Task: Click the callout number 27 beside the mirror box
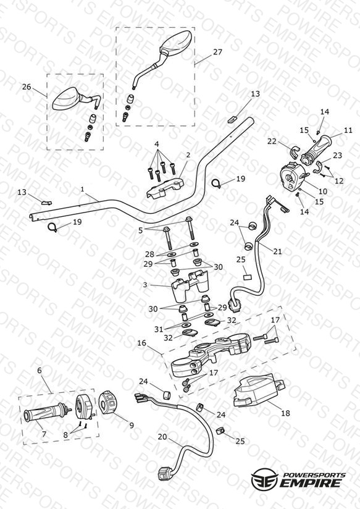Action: click(x=217, y=52)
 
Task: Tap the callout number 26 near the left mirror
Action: click(x=27, y=86)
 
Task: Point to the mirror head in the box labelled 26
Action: click(x=66, y=98)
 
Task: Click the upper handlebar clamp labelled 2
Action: click(x=165, y=189)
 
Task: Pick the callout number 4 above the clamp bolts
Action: click(x=157, y=143)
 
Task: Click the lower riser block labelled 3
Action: click(x=189, y=285)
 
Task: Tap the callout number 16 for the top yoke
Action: click(x=141, y=343)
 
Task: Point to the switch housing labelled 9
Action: click(x=107, y=403)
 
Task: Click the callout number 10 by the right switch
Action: click(x=324, y=191)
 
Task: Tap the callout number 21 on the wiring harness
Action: click(x=277, y=251)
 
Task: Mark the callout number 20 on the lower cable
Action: click(x=162, y=437)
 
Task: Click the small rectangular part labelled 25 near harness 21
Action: click(x=248, y=277)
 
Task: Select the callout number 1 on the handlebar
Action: click(x=83, y=188)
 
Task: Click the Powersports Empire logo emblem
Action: click(x=264, y=478)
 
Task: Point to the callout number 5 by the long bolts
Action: click(x=141, y=230)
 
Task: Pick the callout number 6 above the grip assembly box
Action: click(x=40, y=371)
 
